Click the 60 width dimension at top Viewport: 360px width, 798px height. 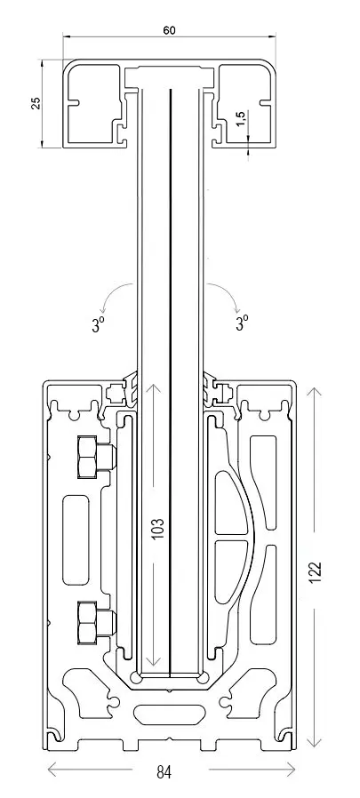point(169,30)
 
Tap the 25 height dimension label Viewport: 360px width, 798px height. point(36,104)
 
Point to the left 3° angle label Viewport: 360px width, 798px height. point(100,324)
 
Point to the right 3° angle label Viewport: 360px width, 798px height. point(243,323)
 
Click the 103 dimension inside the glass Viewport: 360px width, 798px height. point(158,529)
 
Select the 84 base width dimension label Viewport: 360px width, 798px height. point(164,772)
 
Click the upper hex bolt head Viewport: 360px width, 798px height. point(87,457)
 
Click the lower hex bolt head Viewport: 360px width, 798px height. point(87,621)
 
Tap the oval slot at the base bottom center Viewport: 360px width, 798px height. point(169,713)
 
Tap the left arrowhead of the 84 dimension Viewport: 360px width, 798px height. point(52,769)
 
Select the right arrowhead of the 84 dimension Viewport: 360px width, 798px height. point(290,769)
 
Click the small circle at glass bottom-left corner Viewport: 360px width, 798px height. point(137,677)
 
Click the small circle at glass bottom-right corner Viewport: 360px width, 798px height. point(203,677)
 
